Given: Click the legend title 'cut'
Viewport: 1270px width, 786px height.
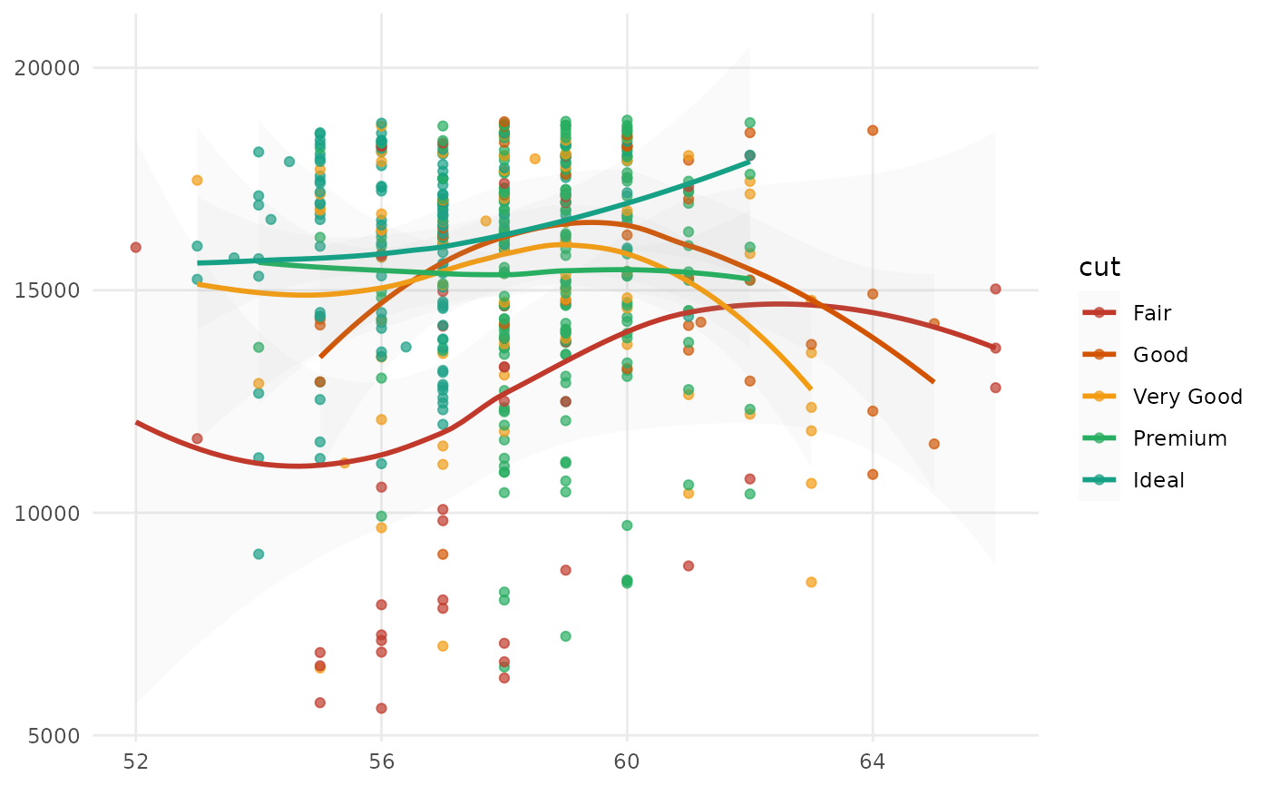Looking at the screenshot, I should click(x=1099, y=268).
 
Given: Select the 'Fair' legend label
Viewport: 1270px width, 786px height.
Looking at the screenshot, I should click(x=1152, y=313).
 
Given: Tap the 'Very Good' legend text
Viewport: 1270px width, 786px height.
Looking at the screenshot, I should click(x=1187, y=397).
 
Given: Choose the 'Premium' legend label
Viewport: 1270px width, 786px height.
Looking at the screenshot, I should click(x=1179, y=438).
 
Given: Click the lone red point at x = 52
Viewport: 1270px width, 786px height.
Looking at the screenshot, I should click(x=136, y=247).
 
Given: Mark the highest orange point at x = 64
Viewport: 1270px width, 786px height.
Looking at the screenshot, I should click(x=873, y=131).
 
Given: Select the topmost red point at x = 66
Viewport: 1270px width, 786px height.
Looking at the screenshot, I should click(x=995, y=289).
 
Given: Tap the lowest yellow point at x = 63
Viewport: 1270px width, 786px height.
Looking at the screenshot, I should click(x=811, y=583).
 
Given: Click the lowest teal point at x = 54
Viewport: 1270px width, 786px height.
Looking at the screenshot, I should click(x=259, y=554).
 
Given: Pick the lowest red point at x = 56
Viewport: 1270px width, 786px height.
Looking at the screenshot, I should click(x=381, y=708).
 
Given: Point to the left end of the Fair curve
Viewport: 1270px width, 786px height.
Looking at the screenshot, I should click(x=136, y=422).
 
